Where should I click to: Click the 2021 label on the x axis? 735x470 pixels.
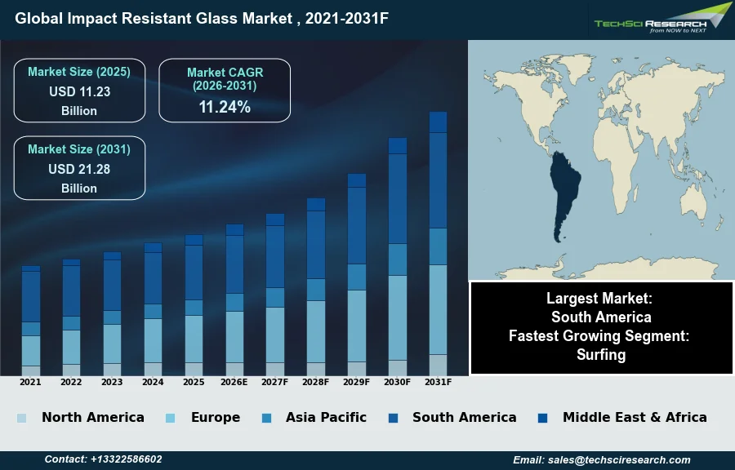[x=30, y=382]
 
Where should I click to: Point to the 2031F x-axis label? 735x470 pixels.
[x=439, y=382]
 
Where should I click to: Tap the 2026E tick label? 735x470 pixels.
[x=234, y=382]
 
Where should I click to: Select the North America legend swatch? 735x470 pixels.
[x=21, y=418]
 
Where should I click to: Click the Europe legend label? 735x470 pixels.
[x=216, y=417]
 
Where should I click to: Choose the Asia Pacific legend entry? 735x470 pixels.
[x=326, y=417]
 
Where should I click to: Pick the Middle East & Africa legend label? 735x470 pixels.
[x=635, y=417]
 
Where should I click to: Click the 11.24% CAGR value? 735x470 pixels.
[x=225, y=107]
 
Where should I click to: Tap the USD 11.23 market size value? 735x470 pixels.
[x=79, y=91]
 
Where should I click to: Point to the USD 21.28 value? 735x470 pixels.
[x=79, y=169]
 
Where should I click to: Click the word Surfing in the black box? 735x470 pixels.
[x=601, y=354]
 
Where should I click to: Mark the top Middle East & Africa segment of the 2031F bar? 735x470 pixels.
[x=439, y=122]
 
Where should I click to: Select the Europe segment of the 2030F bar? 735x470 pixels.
[x=398, y=317]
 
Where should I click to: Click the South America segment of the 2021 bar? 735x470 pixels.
[x=30, y=296]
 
